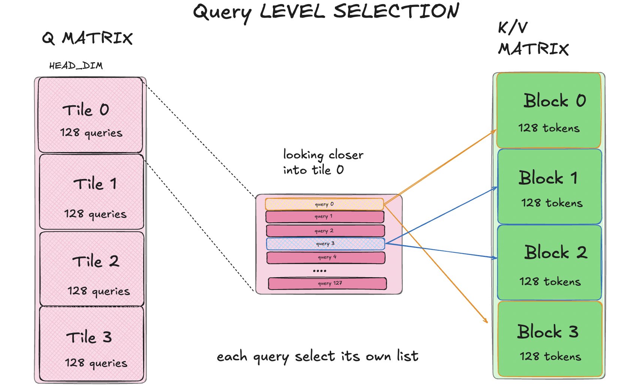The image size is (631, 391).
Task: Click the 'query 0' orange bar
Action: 324,204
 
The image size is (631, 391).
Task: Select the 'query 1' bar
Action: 325,217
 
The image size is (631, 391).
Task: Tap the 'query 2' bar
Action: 325,231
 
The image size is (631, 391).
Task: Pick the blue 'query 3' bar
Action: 326,244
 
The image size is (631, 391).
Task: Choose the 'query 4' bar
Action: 326,258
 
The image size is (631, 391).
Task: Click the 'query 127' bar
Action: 327,284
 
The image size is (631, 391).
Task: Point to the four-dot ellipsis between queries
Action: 320,271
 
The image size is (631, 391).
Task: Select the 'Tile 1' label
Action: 95,184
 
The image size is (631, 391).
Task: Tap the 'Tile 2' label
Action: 96,261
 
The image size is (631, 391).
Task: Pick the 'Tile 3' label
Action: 89,337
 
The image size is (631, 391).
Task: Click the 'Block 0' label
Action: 555,100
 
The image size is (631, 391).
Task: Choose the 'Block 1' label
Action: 548,178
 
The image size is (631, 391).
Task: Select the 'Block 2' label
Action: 556,252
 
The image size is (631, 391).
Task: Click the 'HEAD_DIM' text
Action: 76,66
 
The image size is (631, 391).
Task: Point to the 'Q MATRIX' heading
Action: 87,38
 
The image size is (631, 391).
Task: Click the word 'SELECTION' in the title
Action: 396,11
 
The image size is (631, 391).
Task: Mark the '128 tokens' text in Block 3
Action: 550,357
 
